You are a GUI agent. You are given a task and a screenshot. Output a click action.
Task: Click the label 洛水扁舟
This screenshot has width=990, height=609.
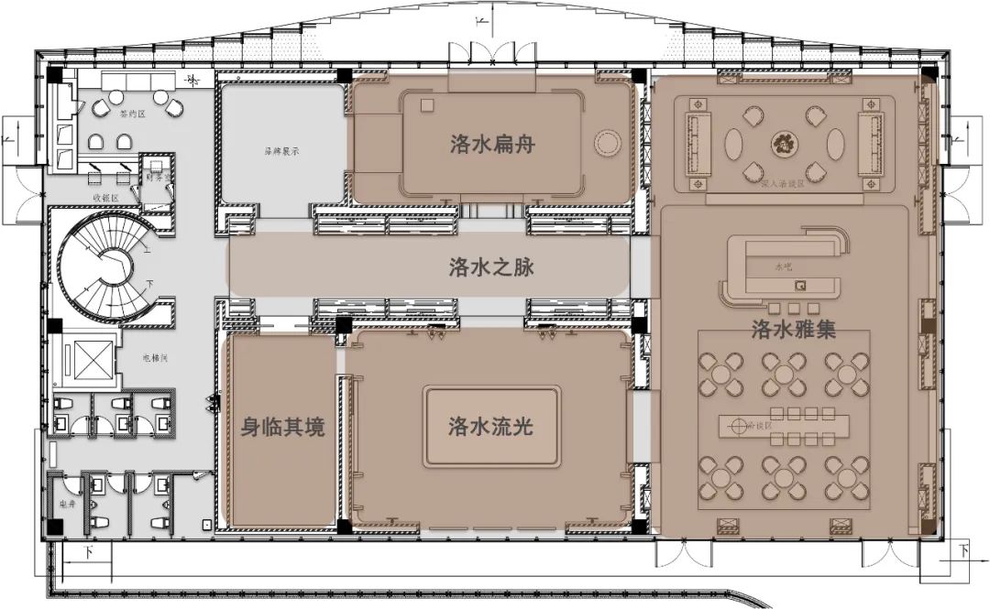click(x=491, y=145)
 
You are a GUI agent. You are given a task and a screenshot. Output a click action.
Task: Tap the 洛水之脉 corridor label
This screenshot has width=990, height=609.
click(x=491, y=268)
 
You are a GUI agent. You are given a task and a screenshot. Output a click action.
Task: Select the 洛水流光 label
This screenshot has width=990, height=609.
click(x=491, y=427)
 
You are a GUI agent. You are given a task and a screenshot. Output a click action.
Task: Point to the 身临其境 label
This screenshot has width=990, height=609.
click(x=282, y=428)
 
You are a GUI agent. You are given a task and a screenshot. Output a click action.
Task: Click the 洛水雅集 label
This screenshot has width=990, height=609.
click(x=792, y=331)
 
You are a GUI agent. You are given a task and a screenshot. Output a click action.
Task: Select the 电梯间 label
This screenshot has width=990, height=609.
click(x=154, y=358)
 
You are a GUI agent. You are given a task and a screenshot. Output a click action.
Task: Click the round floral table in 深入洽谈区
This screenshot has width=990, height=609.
click(x=785, y=142)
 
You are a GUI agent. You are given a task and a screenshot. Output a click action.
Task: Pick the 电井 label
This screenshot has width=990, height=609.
click(x=66, y=505)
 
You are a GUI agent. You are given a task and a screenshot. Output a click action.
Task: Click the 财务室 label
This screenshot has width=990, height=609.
click(x=156, y=179)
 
